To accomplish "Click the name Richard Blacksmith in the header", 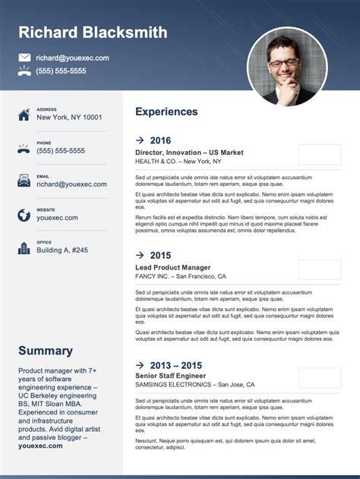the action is click(x=93, y=32).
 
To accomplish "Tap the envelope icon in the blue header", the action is click(x=24, y=58).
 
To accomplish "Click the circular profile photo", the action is click(x=287, y=67).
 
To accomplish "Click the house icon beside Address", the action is click(x=24, y=114).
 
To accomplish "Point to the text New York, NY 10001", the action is click(x=69, y=118).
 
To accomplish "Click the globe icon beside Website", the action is click(x=24, y=214).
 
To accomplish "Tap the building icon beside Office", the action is click(x=24, y=247).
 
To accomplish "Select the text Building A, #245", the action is click(x=62, y=251).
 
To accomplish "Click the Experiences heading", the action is click(x=166, y=112).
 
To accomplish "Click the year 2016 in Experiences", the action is click(x=160, y=140).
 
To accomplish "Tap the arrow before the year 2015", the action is click(x=140, y=255).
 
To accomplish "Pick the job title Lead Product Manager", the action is click(x=173, y=267).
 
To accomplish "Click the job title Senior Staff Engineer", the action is click(x=171, y=376).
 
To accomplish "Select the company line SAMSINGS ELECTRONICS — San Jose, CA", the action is click(x=195, y=385).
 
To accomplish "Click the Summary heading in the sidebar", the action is click(x=46, y=351).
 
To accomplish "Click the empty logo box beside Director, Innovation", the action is click(x=320, y=155).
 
